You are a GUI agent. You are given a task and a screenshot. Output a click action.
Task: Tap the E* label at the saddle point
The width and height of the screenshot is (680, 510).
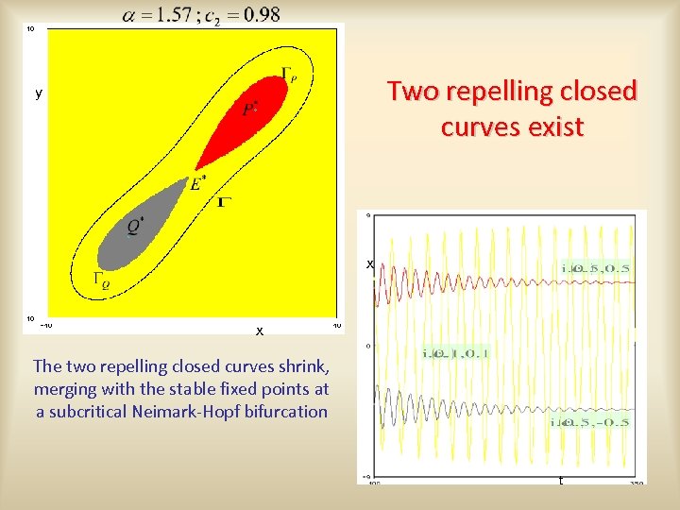(196, 183)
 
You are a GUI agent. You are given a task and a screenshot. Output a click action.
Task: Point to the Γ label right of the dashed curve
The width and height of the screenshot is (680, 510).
(225, 201)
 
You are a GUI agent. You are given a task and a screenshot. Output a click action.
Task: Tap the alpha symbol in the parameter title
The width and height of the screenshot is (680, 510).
(130, 15)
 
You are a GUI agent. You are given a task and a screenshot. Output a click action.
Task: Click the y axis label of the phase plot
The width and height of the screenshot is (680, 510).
(39, 93)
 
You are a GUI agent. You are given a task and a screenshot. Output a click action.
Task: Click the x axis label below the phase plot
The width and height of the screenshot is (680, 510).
(259, 331)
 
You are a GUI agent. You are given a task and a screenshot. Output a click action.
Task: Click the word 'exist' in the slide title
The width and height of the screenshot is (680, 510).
(556, 127)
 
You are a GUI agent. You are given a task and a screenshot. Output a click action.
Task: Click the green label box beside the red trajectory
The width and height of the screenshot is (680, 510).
(596, 268)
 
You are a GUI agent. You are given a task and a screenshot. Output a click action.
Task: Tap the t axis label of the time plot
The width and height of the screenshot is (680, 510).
(560, 481)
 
